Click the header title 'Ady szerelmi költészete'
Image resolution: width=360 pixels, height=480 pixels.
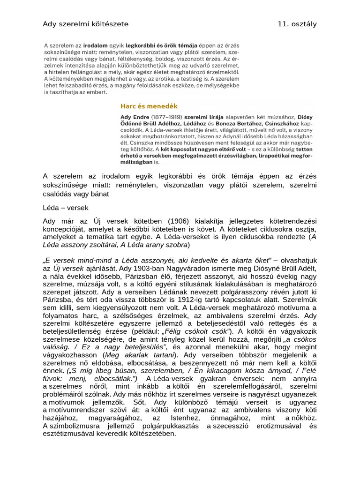[85, 24]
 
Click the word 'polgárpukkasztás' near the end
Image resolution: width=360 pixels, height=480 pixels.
[161, 425]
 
